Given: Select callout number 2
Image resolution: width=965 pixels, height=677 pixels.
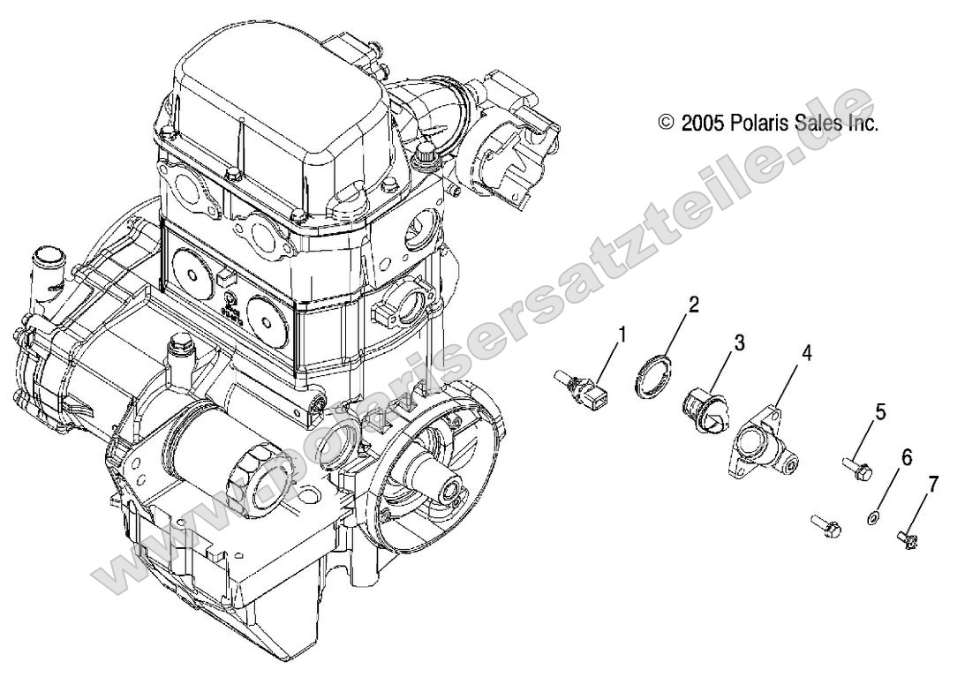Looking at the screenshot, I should (693, 305).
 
